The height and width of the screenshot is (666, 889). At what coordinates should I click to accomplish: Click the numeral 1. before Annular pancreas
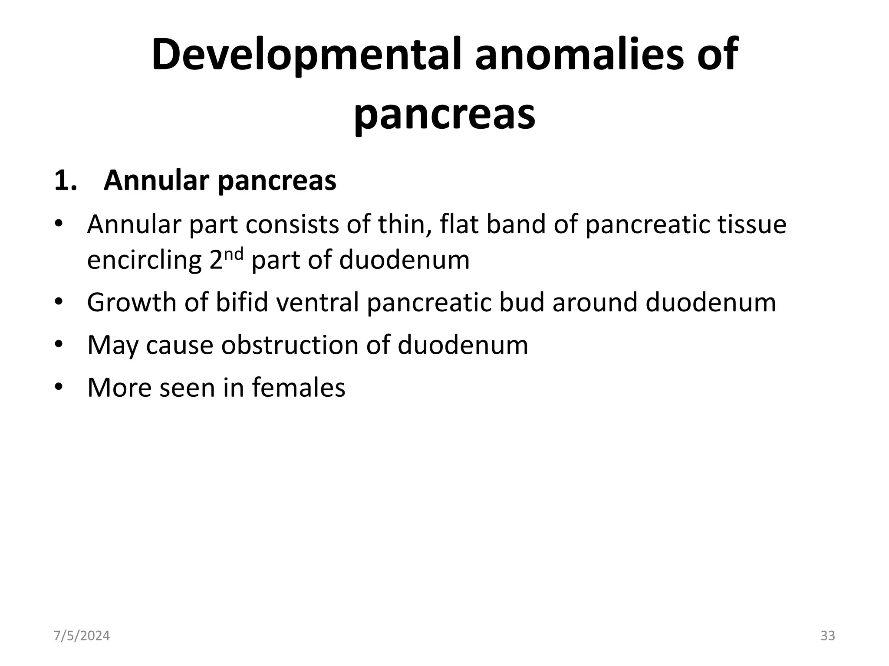[66, 180]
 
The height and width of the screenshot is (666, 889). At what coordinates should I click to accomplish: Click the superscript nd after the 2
[234, 254]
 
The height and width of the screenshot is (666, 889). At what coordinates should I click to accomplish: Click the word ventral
[318, 302]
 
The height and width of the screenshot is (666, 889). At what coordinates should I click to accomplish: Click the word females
[299, 387]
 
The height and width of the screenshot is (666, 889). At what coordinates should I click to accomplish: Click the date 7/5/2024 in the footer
[82, 636]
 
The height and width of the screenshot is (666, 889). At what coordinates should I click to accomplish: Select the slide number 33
[827, 636]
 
